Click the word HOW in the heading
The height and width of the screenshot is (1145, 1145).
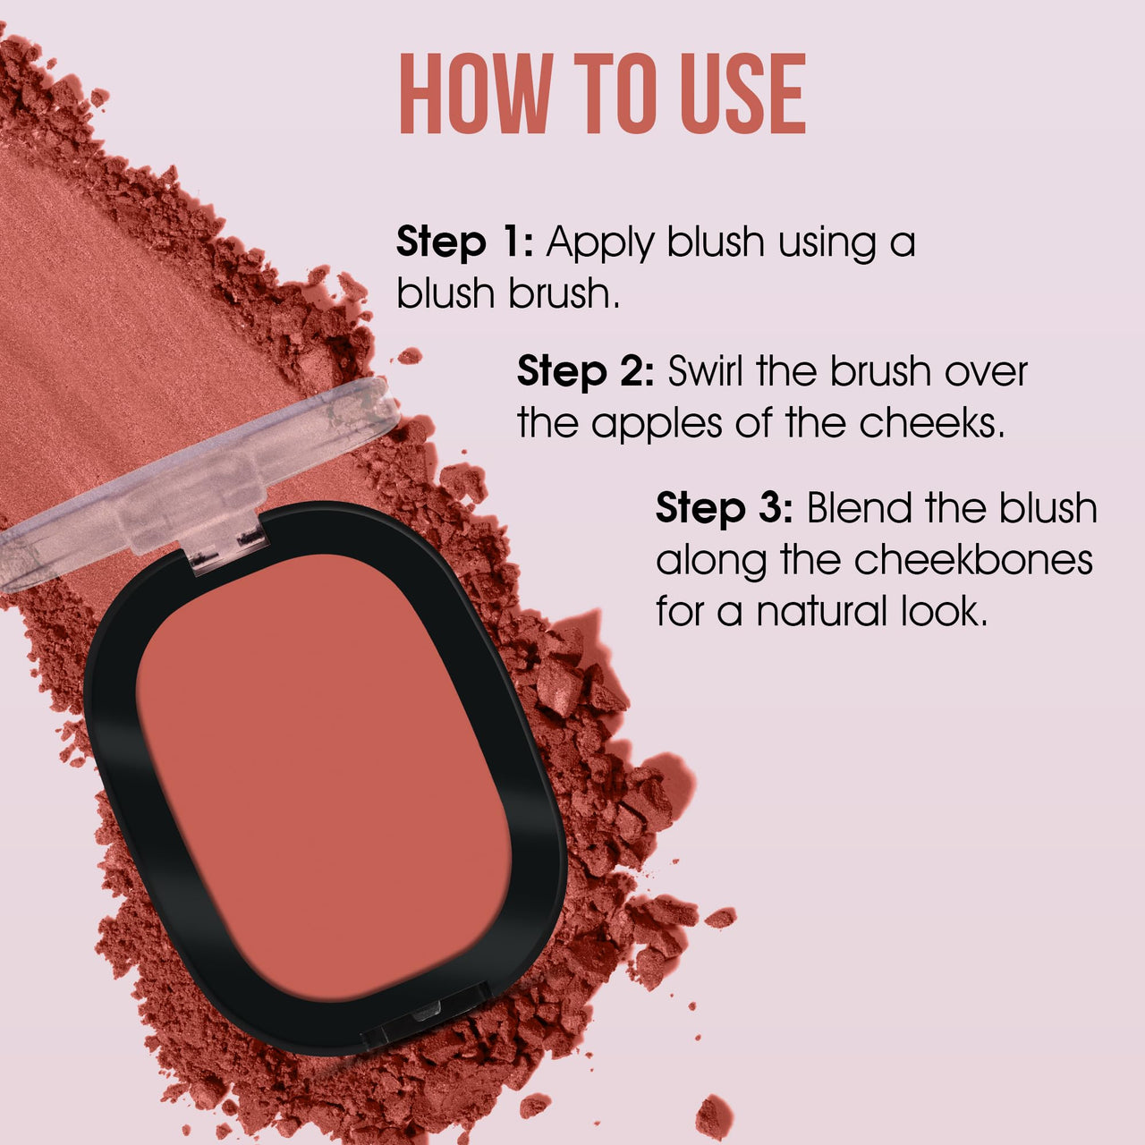(474, 94)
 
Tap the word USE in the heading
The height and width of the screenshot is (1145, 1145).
(742, 94)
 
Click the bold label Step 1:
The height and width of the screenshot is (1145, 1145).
(464, 242)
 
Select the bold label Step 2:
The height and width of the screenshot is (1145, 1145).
(586, 371)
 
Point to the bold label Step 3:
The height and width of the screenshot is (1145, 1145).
(724, 509)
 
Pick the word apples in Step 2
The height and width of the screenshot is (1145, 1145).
(657, 424)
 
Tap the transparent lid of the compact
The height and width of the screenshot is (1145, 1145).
(179, 483)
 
